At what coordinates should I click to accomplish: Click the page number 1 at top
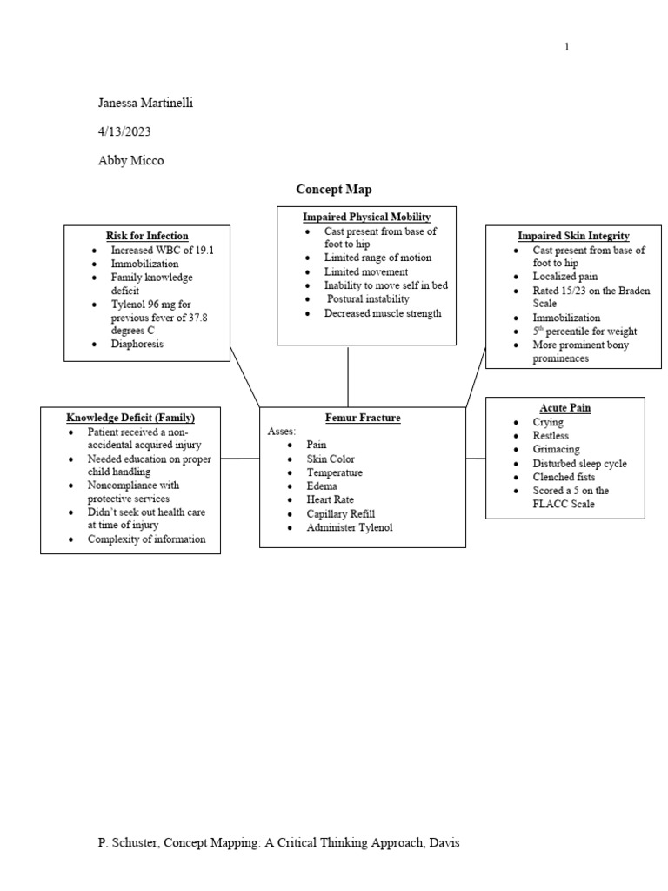[x=567, y=47]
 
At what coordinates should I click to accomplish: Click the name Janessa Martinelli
[x=145, y=104]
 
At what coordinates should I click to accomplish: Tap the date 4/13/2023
[x=130, y=131]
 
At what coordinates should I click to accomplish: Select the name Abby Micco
[x=132, y=160]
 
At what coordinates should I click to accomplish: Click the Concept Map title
[x=334, y=189]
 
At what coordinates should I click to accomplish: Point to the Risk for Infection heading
[x=147, y=236]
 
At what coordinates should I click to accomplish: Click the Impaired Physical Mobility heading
[x=366, y=217]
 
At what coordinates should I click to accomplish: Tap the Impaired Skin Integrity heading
[x=573, y=236]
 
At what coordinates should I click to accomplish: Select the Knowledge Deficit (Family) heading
[x=130, y=418]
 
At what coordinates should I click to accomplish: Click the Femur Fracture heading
[x=363, y=418]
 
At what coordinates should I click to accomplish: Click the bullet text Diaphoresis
[x=137, y=344]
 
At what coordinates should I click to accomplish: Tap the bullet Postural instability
[x=368, y=299]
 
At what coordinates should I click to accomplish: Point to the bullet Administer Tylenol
[x=350, y=527]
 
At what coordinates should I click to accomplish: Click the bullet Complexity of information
[x=147, y=539]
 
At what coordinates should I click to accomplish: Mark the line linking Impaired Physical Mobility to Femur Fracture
[x=348, y=376]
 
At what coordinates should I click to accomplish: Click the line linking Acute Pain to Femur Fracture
[x=476, y=458]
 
